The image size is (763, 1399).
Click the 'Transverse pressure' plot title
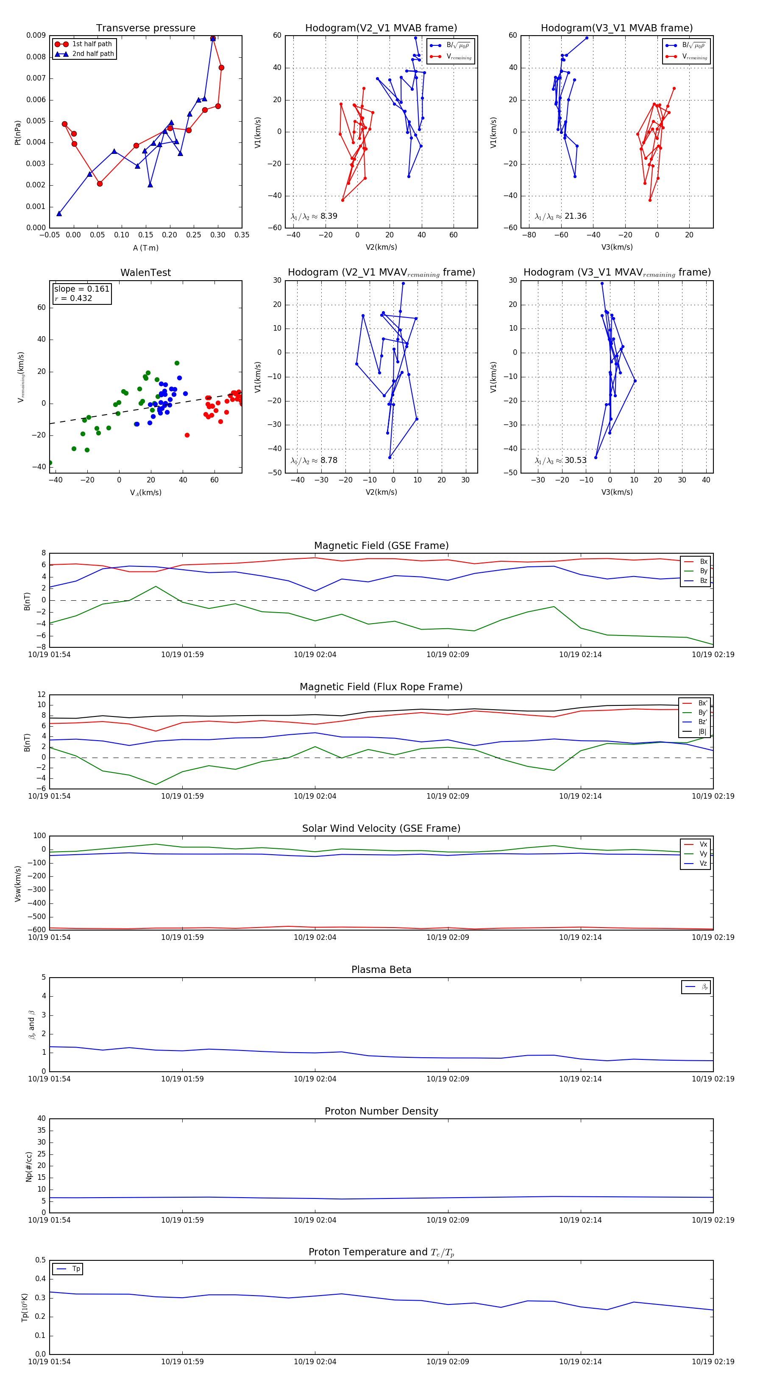[x=145, y=28]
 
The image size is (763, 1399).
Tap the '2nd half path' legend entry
[x=93, y=54]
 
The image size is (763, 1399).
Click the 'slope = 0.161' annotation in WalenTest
[x=81, y=289]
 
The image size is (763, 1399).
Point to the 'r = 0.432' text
[x=73, y=298]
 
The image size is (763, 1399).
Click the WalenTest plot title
[x=145, y=273]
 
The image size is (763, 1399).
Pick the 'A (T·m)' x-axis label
[x=145, y=248]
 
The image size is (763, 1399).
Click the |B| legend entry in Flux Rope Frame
[x=702, y=732]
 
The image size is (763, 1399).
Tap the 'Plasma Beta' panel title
[x=381, y=970]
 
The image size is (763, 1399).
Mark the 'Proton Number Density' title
[x=381, y=1111]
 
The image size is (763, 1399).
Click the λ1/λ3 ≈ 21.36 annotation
[x=560, y=216]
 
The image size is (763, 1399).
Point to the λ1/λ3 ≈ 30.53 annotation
[x=560, y=460]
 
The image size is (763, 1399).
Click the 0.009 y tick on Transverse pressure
[x=36, y=35]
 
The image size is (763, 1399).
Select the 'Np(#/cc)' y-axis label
[x=29, y=1167]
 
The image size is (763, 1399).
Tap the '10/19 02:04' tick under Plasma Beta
[x=315, y=1079]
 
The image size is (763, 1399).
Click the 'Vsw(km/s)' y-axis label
[x=18, y=883]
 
